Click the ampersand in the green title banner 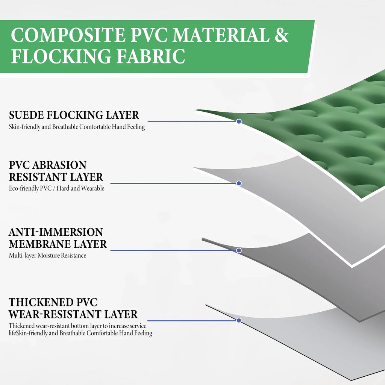pos(282,35)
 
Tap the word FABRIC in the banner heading pos(151,56)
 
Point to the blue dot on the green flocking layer pos(239,121)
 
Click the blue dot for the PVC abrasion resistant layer pos(239,183)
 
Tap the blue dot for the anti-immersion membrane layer pos(239,250)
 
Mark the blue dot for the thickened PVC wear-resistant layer pos(239,320)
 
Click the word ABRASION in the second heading pos(59,165)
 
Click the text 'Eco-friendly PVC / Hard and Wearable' pos(56,188)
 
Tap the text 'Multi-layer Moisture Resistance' pos(47,255)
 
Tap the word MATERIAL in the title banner pos(221,35)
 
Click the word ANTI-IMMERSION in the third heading pos(56,232)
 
